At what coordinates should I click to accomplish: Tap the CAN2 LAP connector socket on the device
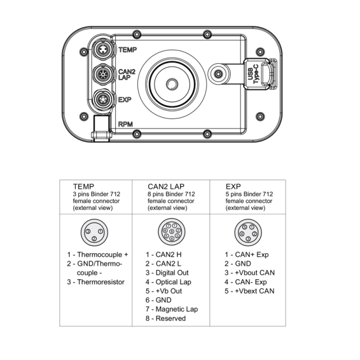point(103,75)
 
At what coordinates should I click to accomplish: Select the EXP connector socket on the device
point(103,99)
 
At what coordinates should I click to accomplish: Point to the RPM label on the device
point(126,125)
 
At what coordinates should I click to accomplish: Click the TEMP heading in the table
point(83,186)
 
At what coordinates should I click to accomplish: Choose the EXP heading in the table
point(234,186)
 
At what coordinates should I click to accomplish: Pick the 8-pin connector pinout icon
point(171,231)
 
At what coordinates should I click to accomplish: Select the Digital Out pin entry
point(169,273)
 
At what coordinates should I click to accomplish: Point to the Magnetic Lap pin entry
point(174,309)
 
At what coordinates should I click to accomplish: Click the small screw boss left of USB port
point(220,74)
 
